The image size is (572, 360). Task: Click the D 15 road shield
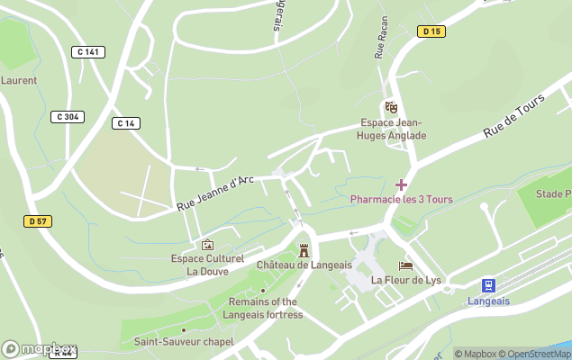(x=431, y=31)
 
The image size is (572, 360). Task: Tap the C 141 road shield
(x=87, y=52)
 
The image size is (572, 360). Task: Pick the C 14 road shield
(x=125, y=122)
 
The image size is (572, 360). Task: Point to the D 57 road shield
(x=37, y=220)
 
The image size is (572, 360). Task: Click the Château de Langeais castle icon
(x=303, y=249)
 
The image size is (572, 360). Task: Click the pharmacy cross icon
(x=401, y=184)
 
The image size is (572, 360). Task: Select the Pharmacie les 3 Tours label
(x=401, y=199)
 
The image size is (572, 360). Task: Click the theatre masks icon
(x=391, y=107)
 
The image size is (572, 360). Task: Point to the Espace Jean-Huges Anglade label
(x=392, y=130)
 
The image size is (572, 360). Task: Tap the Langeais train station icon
(x=488, y=285)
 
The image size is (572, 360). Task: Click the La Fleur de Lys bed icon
(x=406, y=265)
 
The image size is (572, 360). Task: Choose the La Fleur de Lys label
(x=407, y=280)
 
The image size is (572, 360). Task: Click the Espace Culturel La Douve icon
(x=208, y=244)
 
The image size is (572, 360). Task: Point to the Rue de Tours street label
(x=510, y=120)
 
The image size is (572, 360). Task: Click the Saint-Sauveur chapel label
(x=184, y=342)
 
